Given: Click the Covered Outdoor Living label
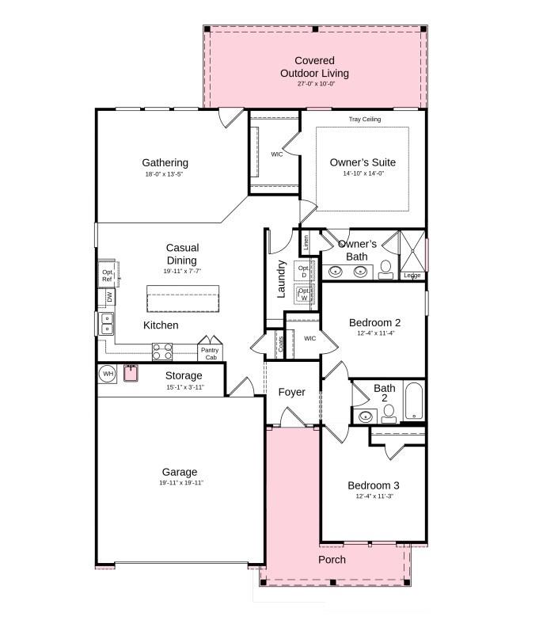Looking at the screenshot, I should pyautogui.click(x=314, y=67).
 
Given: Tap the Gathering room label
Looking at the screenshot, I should pyautogui.click(x=165, y=163).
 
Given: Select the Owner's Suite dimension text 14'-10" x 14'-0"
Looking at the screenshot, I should pyautogui.click(x=363, y=174).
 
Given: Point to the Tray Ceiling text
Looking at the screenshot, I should pyautogui.click(x=365, y=120).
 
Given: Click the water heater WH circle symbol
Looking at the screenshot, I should pyautogui.click(x=108, y=373).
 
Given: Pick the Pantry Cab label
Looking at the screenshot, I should pyautogui.click(x=209, y=354).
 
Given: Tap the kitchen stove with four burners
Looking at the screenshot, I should pyautogui.click(x=162, y=351).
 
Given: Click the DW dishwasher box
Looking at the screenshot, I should pyautogui.click(x=110, y=297).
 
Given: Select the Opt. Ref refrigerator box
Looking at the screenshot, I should pyautogui.click(x=108, y=275).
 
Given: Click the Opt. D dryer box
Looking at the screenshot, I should pyautogui.click(x=305, y=271).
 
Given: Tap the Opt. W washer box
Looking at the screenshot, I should pyautogui.click(x=305, y=295).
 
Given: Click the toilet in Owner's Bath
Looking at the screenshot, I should pyautogui.click(x=385, y=269).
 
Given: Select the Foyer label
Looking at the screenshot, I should pyautogui.click(x=291, y=393).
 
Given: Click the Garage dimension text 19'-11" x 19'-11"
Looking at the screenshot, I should pyautogui.click(x=180, y=483).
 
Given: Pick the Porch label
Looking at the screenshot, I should pyautogui.click(x=332, y=560).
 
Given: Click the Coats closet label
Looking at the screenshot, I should pyautogui.click(x=280, y=344).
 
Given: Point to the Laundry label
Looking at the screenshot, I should pyautogui.click(x=280, y=279).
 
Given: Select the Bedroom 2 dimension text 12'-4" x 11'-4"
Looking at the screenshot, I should pyautogui.click(x=374, y=334).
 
